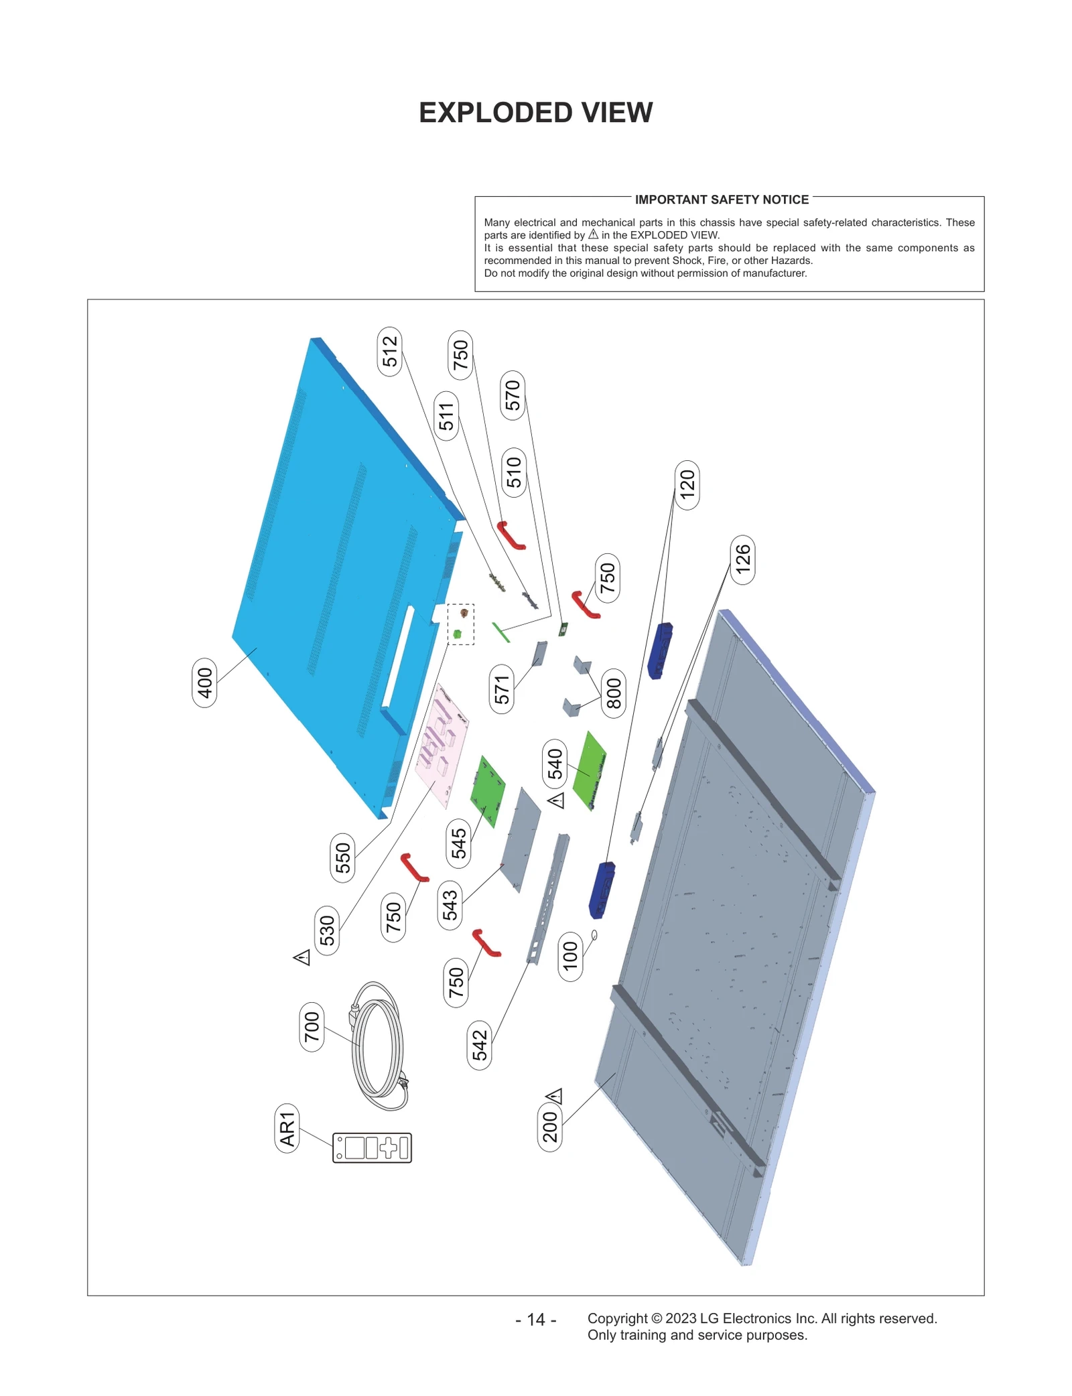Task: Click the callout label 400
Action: (x=204, y=683)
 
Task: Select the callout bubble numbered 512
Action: (x=390, y=352)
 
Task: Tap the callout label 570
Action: (x=513, y=395)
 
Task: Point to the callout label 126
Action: (x=742, y=560)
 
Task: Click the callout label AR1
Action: (x=287, y=1129)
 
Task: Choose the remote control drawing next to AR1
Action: (x=372, y=1147)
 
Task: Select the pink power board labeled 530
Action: (x=442, y=746)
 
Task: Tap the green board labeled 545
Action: (x=487, y=791)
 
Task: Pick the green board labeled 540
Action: (x=590, y=770)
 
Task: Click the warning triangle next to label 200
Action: (x=554, y=1097)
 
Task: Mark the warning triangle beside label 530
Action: (x=302, y=957)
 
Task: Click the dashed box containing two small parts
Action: (x=460, y=624)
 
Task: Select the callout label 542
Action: (x=479, y=1046)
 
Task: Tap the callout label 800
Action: (x=614, y=693)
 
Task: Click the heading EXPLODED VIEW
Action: (x=535, y=113)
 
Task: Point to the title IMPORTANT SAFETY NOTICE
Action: (x=722, y=200)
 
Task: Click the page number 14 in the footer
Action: (x=535, y=1319)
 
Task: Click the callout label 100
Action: (x=570, y=957)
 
